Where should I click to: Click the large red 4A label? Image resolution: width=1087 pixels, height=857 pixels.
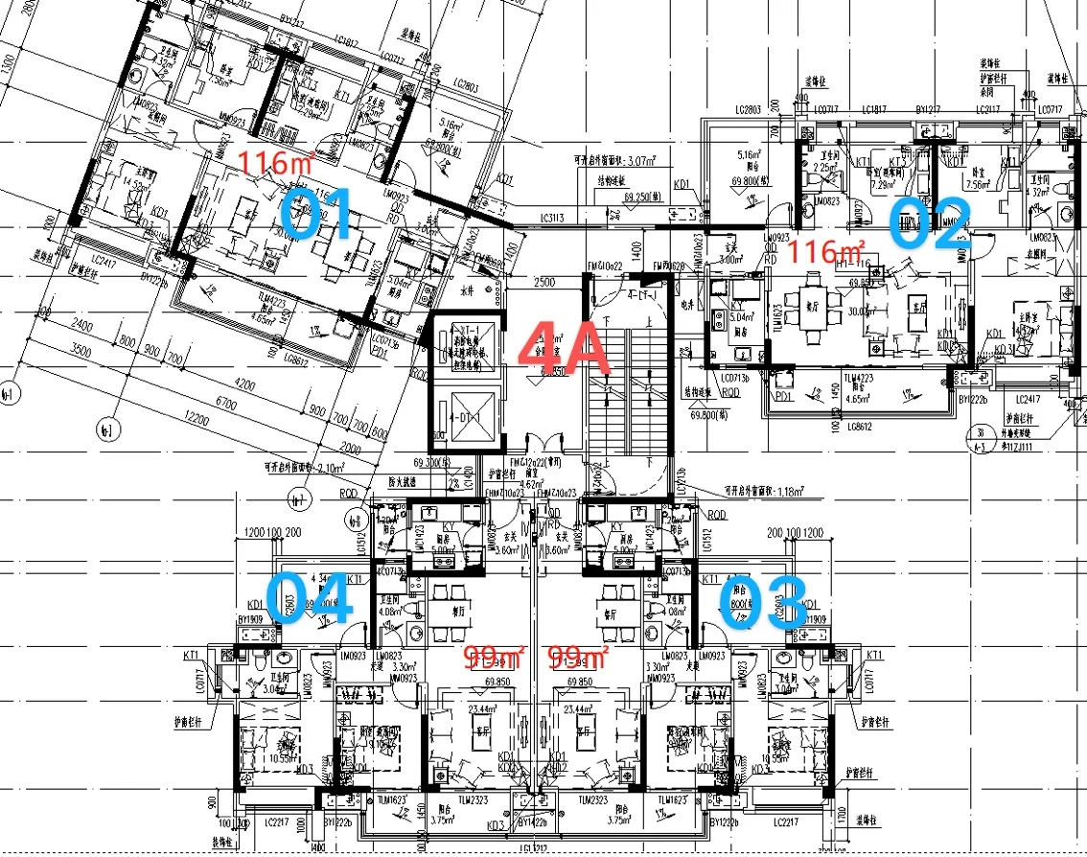pos(565,348)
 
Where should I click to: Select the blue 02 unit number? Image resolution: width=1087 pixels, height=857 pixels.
pos(930,223)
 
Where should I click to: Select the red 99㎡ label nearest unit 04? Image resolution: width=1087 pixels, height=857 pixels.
pos(495,657)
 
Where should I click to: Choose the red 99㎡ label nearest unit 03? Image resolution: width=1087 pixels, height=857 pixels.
pos(578,657)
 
